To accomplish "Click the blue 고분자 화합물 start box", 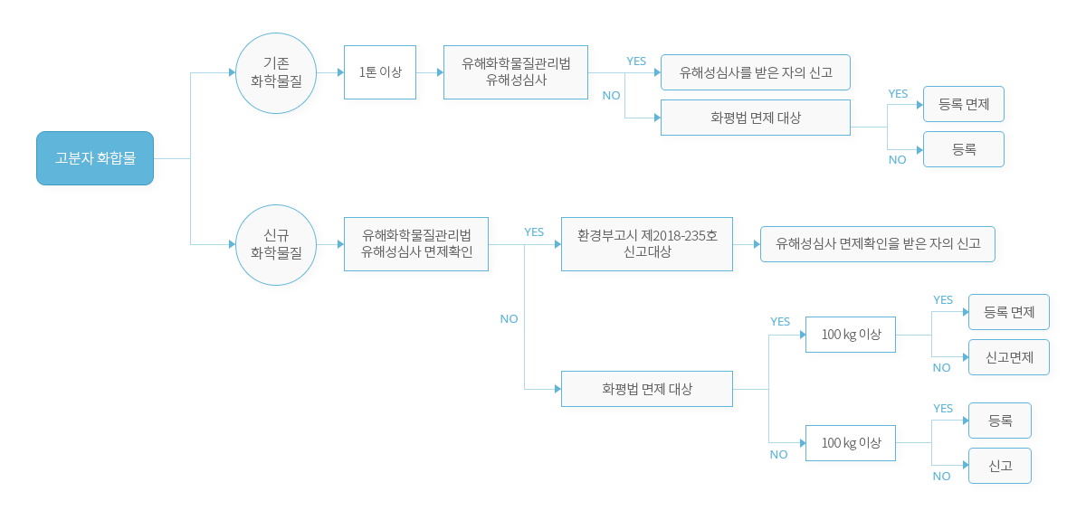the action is tap(95, 158).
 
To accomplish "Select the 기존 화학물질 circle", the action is tap(276, 73).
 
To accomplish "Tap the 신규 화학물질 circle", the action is tap(276, 245).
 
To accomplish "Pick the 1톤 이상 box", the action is tap(380, 72).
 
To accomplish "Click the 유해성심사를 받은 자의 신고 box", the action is tap(756, 72).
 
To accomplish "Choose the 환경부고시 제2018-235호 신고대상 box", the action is tap(647, 244).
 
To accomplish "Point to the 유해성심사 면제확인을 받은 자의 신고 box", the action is tap(878, 244).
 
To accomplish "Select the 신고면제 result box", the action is tap(1009, 357).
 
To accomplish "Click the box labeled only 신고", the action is tap(1000, 466).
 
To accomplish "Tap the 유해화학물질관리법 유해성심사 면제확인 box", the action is tap(416, 244).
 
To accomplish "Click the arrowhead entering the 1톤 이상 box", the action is tap(341, 72).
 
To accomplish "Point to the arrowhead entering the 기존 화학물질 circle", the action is tap(233, 72).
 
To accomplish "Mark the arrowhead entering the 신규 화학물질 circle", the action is tap(233, 244).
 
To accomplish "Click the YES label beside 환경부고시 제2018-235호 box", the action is tap(534, 232).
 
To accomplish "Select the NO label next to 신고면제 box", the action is tap(941, 368).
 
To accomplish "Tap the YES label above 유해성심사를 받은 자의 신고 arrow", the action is tap(636, 61).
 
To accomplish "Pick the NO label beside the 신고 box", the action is tap(941, 477).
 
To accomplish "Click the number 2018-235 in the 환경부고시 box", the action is tap(679, 235).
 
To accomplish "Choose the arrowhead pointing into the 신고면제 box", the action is tap(966, 357).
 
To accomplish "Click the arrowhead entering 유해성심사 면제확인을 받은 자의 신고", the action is tap(757, 244).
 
